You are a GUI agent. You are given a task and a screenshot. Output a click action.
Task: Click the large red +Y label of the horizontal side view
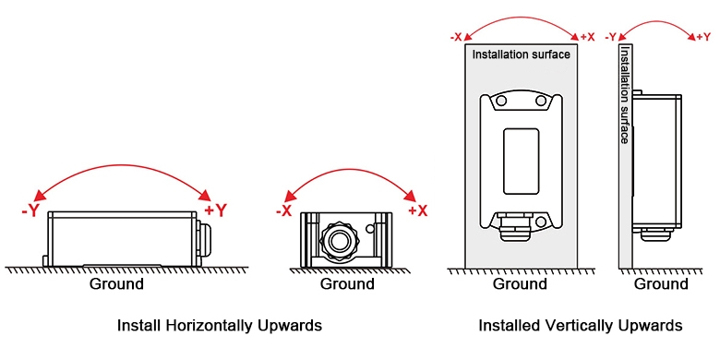coord(215,210)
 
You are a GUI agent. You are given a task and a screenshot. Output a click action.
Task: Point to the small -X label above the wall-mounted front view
coord(456,37)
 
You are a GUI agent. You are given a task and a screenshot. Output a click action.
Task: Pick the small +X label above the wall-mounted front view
coord(587,37)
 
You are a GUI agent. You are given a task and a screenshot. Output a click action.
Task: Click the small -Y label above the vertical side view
coord(610,37)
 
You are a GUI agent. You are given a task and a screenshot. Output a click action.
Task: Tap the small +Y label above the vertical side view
coord(702,37)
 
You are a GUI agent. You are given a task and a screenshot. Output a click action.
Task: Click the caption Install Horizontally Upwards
coord(219,326)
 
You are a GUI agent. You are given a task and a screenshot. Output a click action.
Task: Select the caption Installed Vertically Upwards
coord(580,326)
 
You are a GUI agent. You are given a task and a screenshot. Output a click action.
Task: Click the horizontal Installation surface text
coord(521,54)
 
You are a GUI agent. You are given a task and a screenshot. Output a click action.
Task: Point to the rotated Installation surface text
coord(625,95)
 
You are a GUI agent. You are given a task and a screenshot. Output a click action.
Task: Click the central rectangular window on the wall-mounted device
coord(520,162)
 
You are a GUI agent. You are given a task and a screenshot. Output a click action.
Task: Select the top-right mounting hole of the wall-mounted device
coord(541,101)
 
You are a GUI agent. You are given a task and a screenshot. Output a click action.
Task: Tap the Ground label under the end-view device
coord(346,284)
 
